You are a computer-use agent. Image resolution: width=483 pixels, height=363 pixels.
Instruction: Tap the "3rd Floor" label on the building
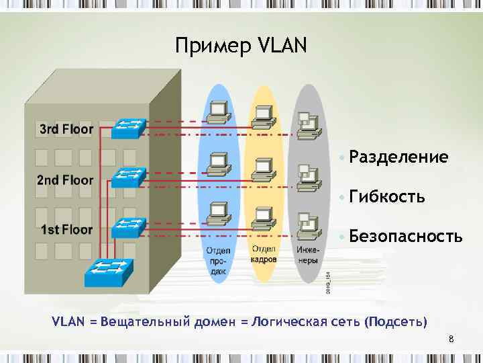[x=66, y=129]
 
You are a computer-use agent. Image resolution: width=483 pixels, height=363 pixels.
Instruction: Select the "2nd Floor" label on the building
[x=64, y=179]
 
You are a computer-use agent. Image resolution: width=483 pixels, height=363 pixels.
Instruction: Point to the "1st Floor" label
[x=66, y=230]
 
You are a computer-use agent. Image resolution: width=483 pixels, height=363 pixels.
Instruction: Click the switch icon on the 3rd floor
[x=129, y=126]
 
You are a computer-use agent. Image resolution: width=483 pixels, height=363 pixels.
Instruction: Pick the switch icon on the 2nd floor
[x=129, y=177]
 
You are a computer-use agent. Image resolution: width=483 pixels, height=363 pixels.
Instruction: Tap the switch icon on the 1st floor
[x=129, y=228]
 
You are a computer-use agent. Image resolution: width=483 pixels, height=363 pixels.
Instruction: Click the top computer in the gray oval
[x=307, y=124]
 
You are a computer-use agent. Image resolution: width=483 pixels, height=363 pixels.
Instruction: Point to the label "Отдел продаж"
[x=217, y=260]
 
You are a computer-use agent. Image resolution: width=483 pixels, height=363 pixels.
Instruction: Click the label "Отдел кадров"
[x=262, y=254]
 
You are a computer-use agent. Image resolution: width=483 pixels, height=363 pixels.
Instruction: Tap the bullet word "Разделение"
[x=398, y=157]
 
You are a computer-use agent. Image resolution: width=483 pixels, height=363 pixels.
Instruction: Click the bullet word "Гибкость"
[x=386, y=197]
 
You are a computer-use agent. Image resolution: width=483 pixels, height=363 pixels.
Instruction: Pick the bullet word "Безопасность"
[x=405, y=237]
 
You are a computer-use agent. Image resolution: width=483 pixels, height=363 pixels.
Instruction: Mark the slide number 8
[x=451, y=339]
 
